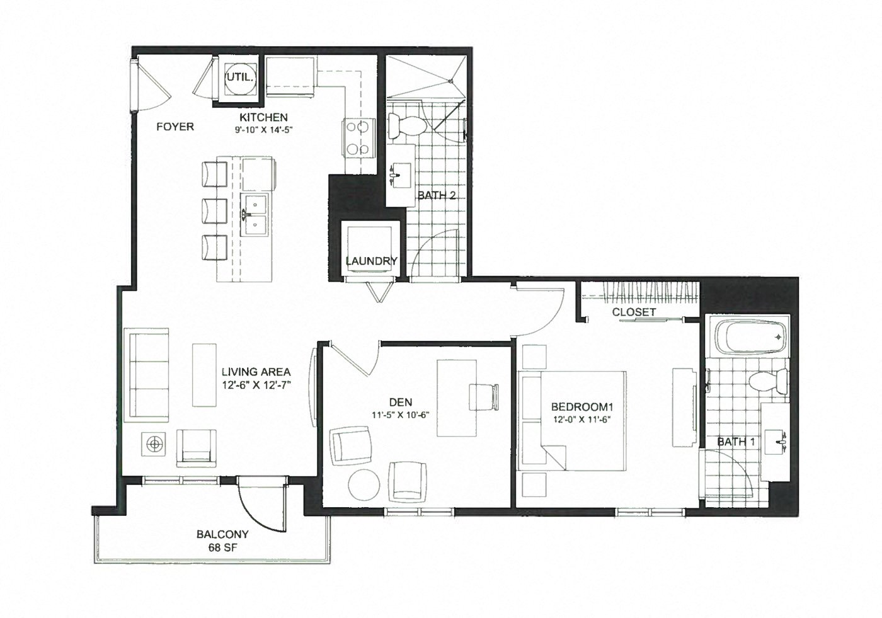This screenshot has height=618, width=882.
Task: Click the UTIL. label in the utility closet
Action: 239,77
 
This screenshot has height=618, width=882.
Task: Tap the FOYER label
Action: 175,127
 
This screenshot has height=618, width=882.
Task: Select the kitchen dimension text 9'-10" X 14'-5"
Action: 264,130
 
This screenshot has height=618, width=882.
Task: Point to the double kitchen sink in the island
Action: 255,215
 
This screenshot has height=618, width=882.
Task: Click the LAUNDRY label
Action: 371,261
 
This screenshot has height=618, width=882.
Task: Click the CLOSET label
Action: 634,312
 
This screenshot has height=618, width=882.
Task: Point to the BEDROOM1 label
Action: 582,406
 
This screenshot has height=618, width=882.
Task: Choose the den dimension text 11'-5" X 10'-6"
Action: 401,415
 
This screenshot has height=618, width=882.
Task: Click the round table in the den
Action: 364,485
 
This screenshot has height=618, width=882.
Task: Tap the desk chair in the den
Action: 484,397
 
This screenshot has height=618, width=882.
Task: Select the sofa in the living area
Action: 146,375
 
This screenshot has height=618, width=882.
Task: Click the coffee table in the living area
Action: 204,375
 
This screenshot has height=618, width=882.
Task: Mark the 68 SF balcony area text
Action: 223,547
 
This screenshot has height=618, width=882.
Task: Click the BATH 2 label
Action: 436,195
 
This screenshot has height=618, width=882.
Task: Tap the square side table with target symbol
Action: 154,444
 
